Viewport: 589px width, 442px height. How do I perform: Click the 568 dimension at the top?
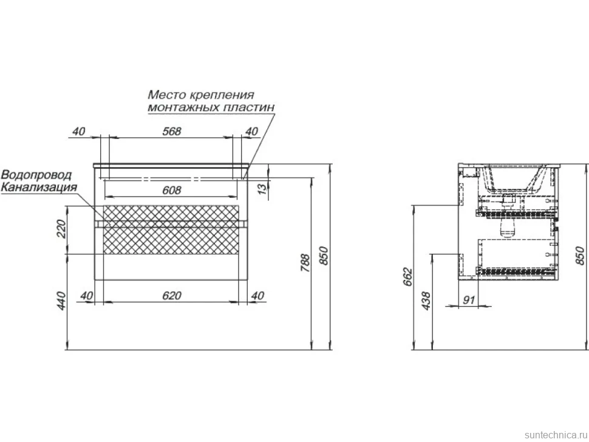pyautogui.click(x=172, y=131)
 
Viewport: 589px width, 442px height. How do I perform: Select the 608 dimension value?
pyautogui.click(x=172, y=191)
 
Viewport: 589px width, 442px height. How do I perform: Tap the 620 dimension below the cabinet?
pyautogui.click(x=172, y=296)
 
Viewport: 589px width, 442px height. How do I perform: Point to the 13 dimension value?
pyautogui.click(x=264, y=187)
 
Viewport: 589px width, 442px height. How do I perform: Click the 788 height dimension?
pyautogui.click(x=305, y=263)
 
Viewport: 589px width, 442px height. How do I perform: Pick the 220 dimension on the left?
pyautogui.click(x=61, y=229)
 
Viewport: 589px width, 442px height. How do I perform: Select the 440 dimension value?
pyautogui.click(x=61, y=301)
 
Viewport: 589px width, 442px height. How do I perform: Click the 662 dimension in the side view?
pyautogui.click(x=407, y=277)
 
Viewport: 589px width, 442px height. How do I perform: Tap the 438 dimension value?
pyautogui.click(x=426, y=301)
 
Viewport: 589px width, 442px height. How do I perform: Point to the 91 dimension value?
pyautogui.click(x=469, y=300)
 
